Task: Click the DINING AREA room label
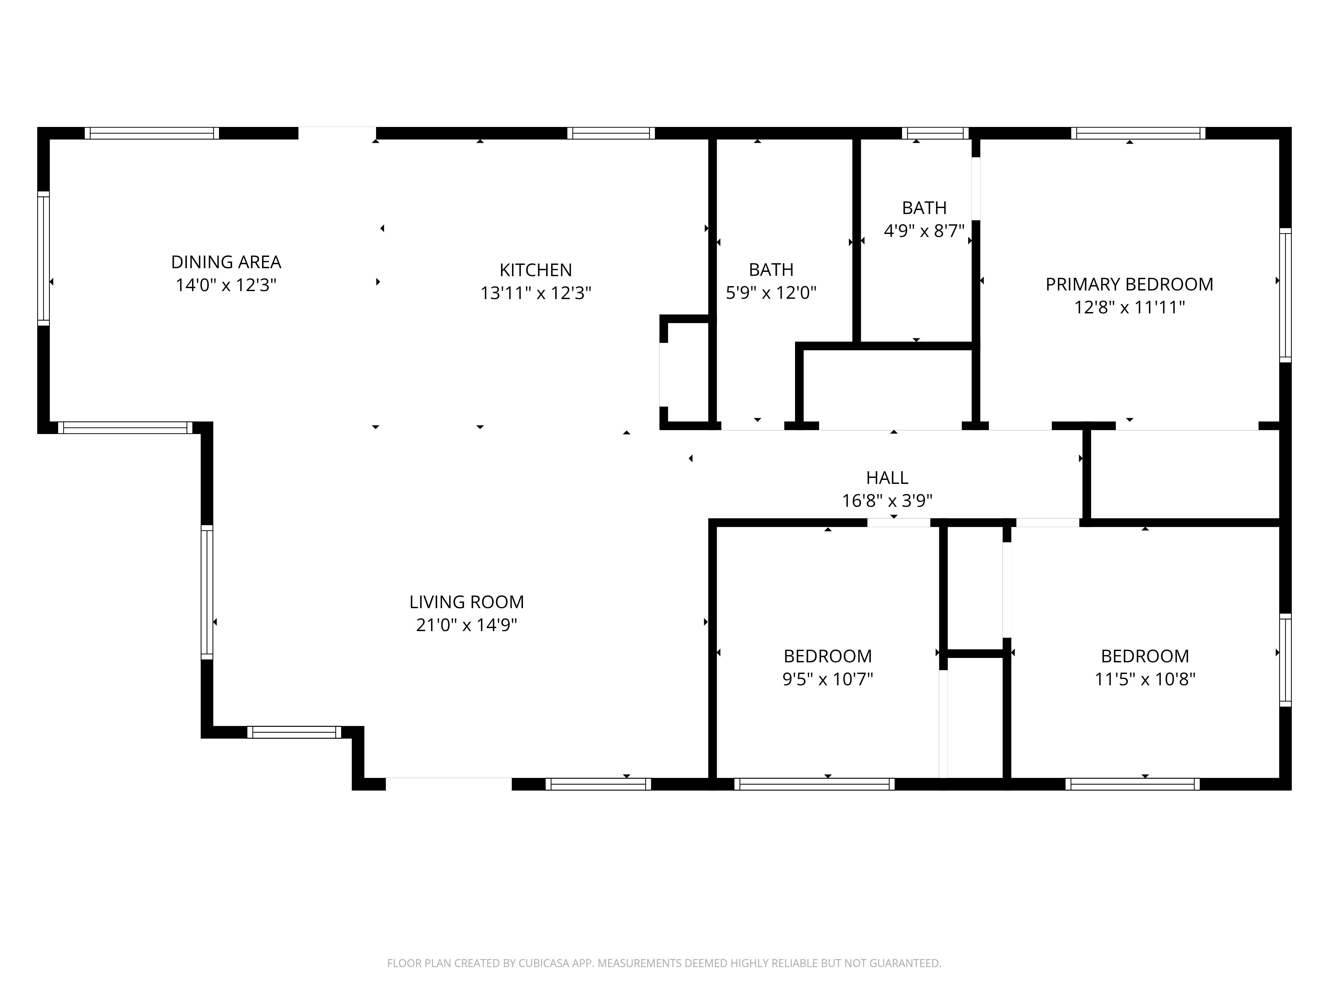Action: pos(226,262)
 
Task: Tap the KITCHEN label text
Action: pos(535,270)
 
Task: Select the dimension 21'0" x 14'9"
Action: pos(466,625)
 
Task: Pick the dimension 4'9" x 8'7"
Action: pos(924,231)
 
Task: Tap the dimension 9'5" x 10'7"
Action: pos(827,679)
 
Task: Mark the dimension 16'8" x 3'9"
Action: pos(887,500)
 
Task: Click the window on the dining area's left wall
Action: pos(43,259)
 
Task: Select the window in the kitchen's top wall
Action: pos(611,133)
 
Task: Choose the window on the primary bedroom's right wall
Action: pos(1285,295)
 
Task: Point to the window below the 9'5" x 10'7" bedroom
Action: pos(814,784)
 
